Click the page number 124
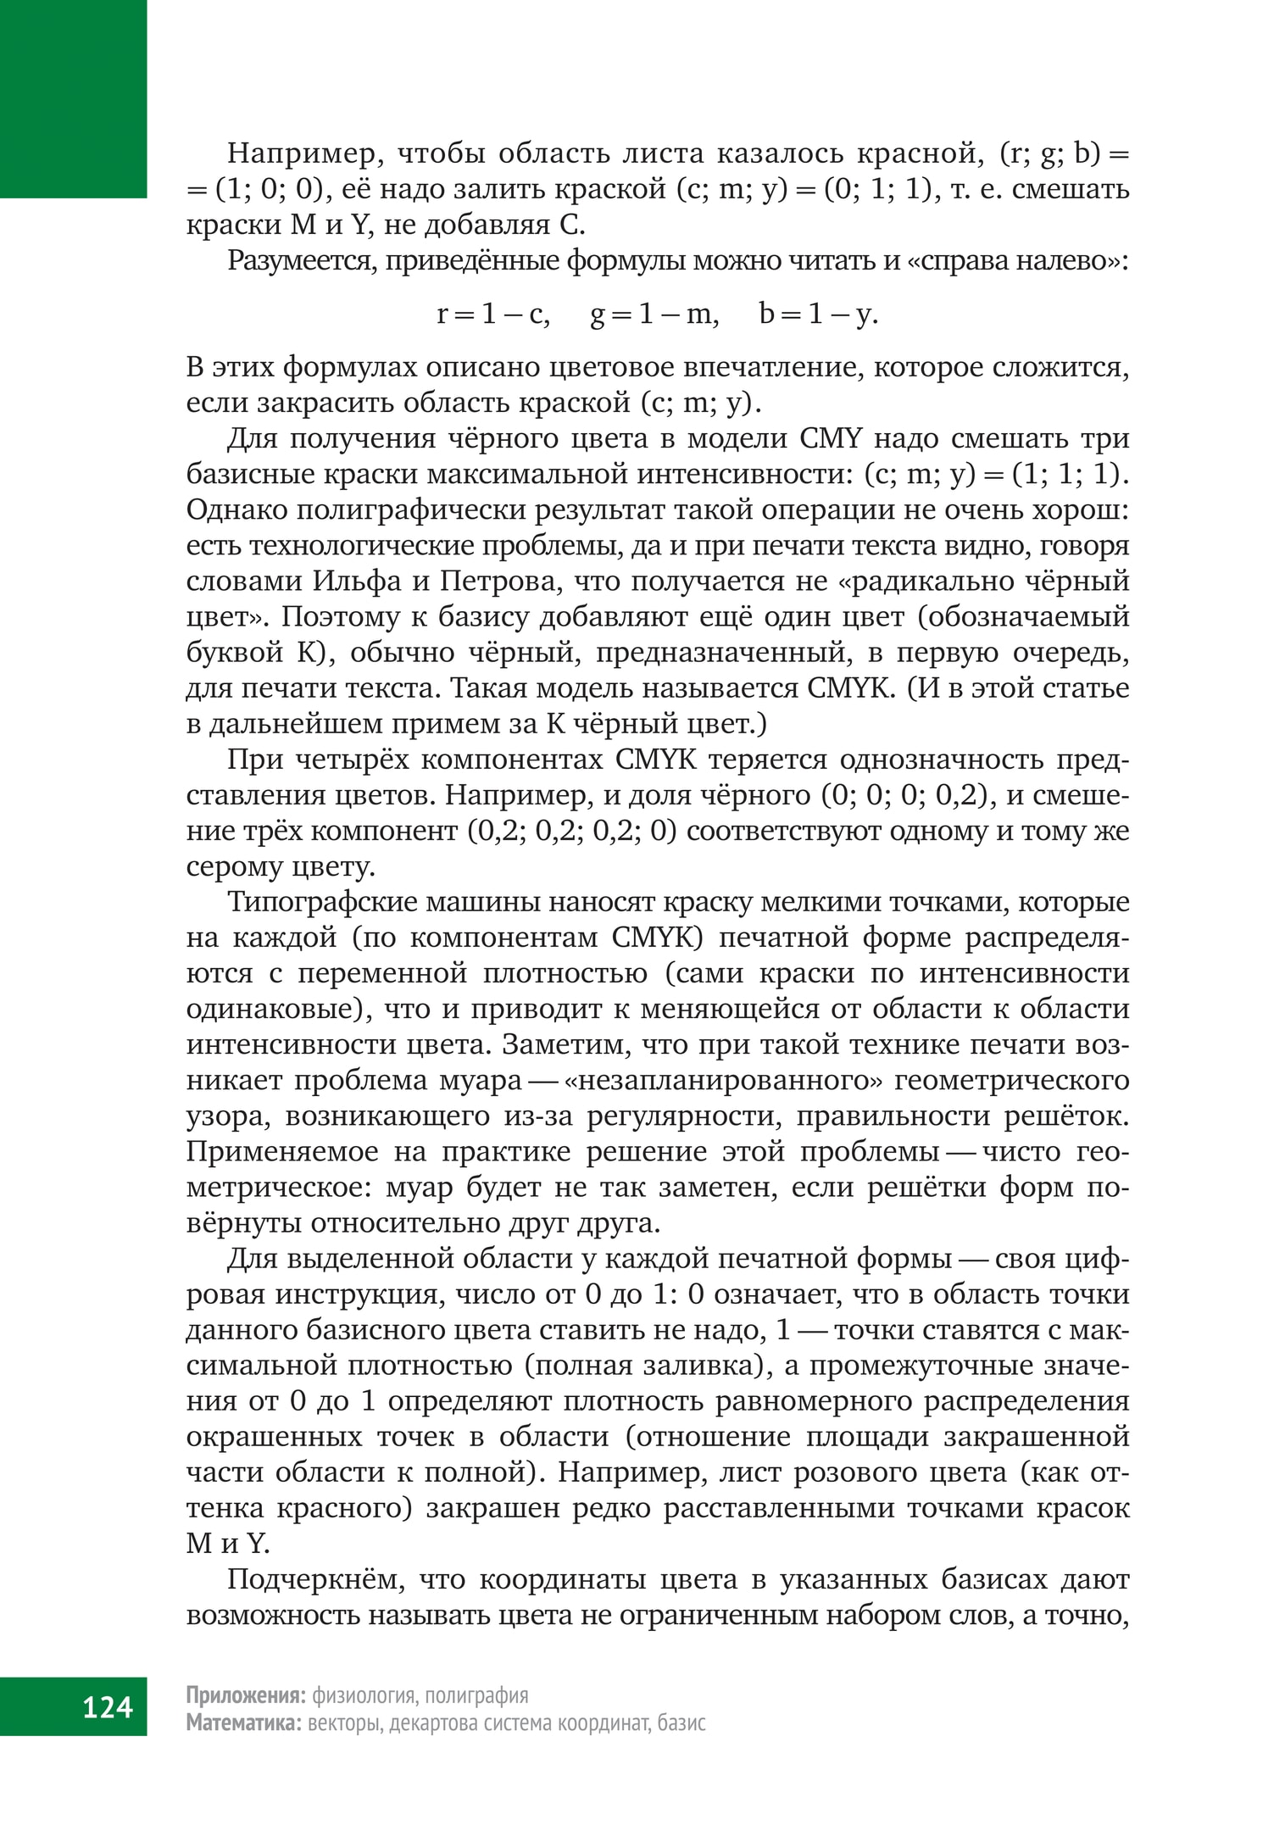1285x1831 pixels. [x=108, y=1706]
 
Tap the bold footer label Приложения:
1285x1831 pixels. [x=246, y=1695]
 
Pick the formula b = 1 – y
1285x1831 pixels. [x=819, y=314]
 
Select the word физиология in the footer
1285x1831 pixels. [x=364, y=1695]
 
